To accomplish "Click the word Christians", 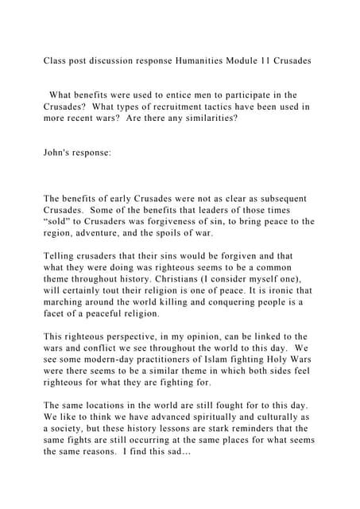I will tap(160, 280).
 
